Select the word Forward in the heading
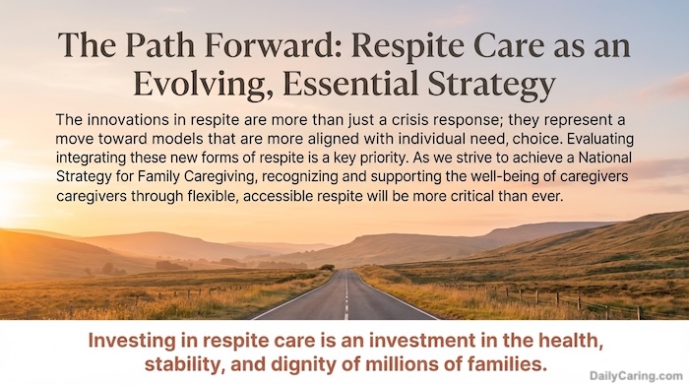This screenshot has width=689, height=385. (250, 45)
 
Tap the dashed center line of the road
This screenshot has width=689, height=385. (344, 295)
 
